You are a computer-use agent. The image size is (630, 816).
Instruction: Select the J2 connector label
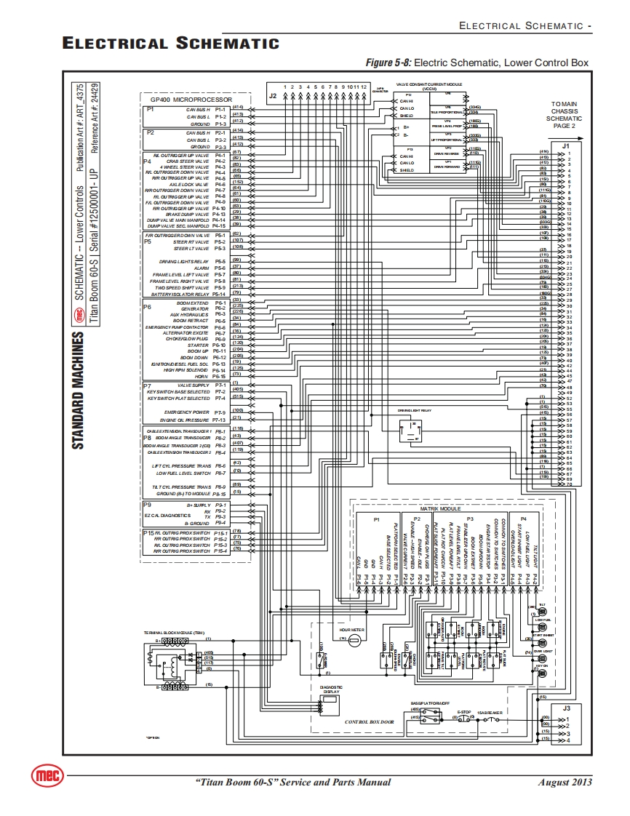pyautogui.click(x=272, y=95)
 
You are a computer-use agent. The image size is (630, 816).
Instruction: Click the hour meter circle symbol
pyautogui.click(x=354, y=639)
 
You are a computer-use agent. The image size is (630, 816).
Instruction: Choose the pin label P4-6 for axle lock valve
pyautogui.click(x=220, y=185)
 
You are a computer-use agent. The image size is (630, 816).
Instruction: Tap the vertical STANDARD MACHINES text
pyautogui.click(x=77, y=392)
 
